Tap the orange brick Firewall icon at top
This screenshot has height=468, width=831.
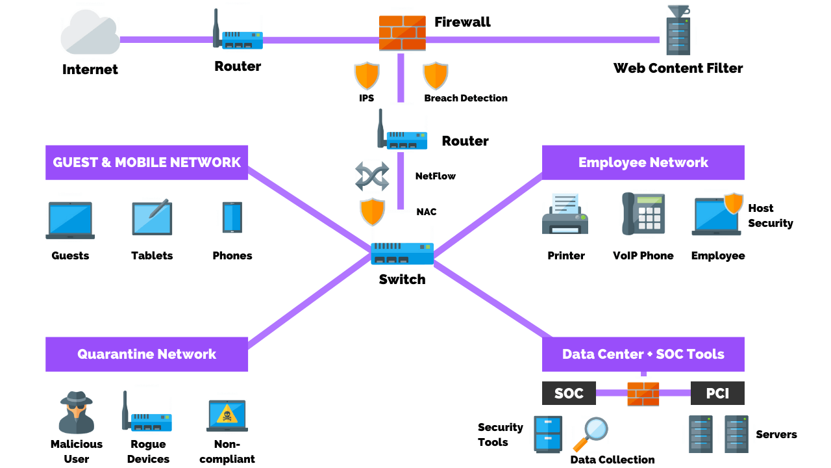tap(403, 33)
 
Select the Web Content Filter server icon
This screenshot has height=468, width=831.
tap(678, 31)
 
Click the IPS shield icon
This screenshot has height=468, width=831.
tap(367, 76)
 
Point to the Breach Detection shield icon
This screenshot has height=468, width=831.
tap(436, 76)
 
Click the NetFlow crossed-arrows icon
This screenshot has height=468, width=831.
tap(372, 176)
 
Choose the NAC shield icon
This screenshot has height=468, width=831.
tap(373, 212)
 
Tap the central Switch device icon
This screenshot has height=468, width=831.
tap(402, 253)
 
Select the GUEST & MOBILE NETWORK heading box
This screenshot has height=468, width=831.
tap(147, 162)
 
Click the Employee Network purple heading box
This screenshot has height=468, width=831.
tap(643, 162)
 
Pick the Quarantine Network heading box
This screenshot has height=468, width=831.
tap(147, 354)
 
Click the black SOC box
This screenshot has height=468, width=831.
tap(569, 393)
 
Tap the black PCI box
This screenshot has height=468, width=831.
tap(717, 393)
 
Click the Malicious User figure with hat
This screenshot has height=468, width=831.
tap(77, 413)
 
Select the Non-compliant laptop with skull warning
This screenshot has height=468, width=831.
tap(227, 415)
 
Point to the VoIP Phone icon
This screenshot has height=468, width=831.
tap(643, 213)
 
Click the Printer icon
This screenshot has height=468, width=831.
tap(565, 214)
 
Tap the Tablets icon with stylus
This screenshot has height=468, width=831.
tap(152, 218)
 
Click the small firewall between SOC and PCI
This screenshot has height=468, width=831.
tap(643, 394)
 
